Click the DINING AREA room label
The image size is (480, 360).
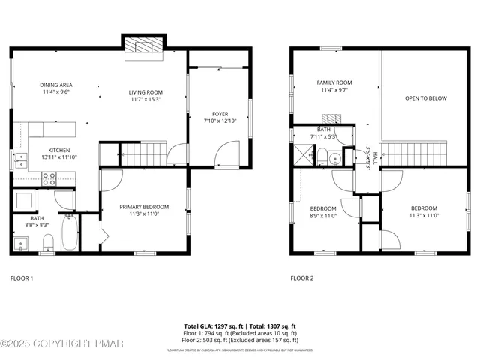coord(55,85)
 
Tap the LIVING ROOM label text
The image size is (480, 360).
coord(145,91)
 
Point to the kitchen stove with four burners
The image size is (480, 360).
coord(49,178)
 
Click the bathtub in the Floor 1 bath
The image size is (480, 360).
coord(69,232)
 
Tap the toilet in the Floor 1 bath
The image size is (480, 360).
coord(47,241)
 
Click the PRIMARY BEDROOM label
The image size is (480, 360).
coord(145,207)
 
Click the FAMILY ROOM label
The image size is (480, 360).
coord(334,82)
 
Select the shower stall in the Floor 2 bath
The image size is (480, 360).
coord(303,154)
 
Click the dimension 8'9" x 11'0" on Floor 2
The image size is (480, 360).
coord(323,216)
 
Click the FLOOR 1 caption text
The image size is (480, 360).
coord(22,278)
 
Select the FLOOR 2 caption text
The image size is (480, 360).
coord(301,278)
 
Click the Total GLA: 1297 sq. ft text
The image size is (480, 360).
coord(213,326)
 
